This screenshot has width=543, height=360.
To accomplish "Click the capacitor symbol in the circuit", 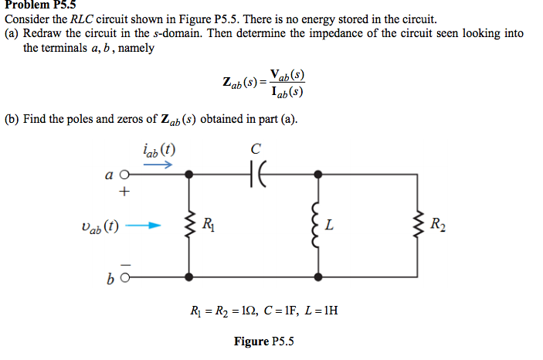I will [257, 175].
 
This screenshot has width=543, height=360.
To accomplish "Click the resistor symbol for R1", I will [189, 226].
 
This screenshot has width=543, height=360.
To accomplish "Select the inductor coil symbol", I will [316, 226].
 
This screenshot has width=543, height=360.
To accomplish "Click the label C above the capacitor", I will [256, 148].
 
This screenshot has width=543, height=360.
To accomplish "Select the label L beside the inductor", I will [330, 226].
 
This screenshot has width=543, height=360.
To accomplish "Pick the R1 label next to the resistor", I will [206, 226].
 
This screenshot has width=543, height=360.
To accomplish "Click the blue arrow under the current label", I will [158, 164].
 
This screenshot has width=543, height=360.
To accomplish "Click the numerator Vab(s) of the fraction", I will [287, 75].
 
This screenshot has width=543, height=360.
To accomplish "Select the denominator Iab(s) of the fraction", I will [287, 92].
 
